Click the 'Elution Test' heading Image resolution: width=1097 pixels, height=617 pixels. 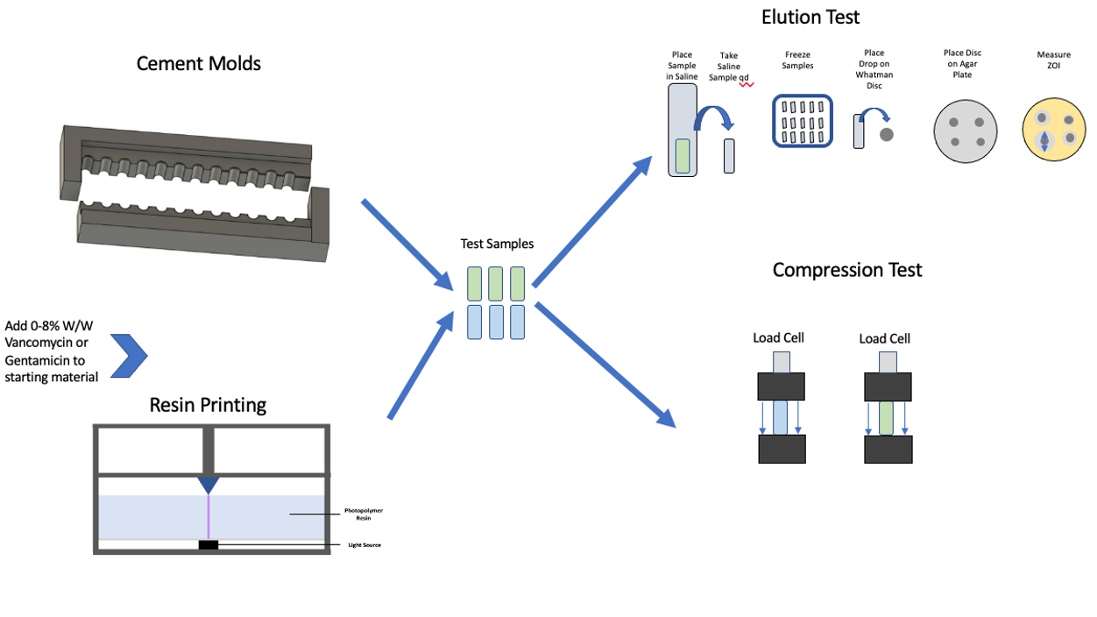click(x=810, y=17)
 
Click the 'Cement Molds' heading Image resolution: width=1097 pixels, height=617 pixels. click(x=199, y=63)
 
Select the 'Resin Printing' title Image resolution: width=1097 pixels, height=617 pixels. click(x=208, y=404)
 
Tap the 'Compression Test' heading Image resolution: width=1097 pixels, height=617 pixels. click(x=847, y=269)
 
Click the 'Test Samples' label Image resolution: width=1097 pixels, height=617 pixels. click(x=497, y=244)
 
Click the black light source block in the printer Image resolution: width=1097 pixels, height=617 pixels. click(x=209, y=545)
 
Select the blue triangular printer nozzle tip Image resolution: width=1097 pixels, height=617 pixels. click(x=209, y=485)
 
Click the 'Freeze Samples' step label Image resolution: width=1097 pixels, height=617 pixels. click(x=797, y=60)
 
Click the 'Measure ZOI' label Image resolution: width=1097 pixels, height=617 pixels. click(x=1053, y=60)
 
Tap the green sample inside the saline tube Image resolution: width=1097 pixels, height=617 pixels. click(x=682, y=156)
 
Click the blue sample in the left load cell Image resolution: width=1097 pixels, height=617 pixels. click(x=781, y=418)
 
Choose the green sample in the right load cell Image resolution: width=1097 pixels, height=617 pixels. click(x=887, y=418)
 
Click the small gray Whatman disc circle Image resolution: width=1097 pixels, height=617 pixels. click(x=887, y=134)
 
